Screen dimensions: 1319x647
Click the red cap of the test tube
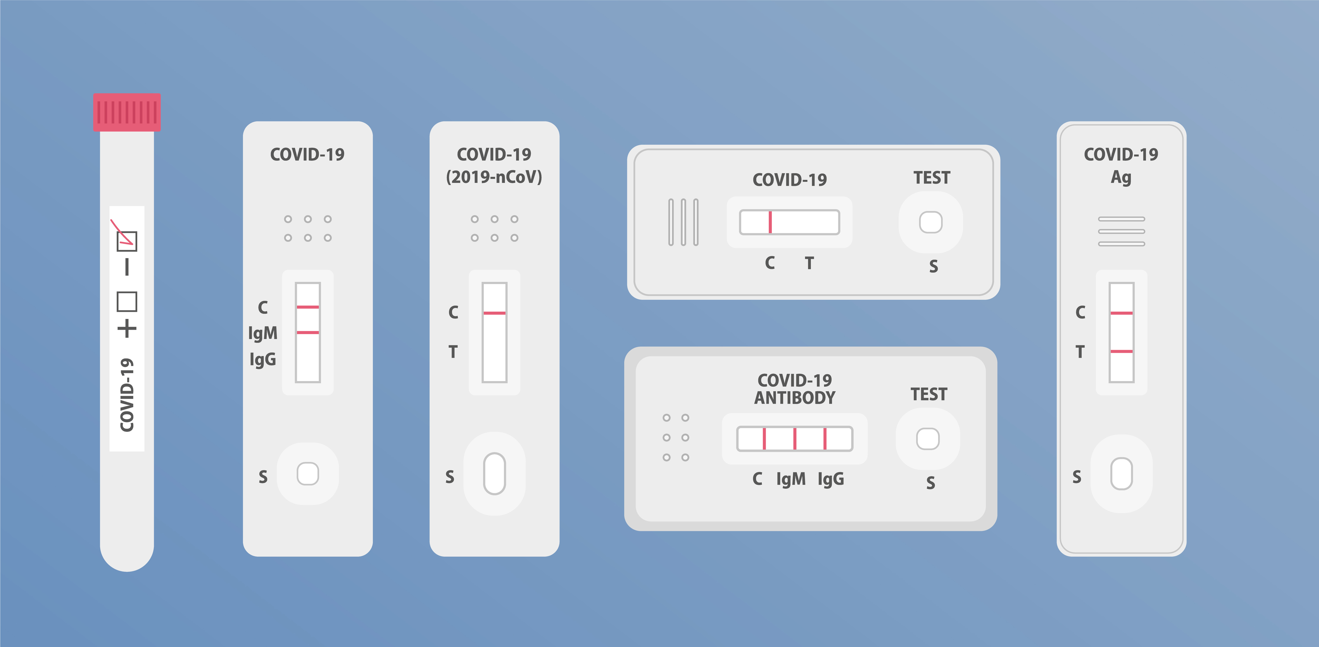pyautogui.click(x=126, y=112)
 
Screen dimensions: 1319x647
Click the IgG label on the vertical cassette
pyautogui.click(x=263, y=359)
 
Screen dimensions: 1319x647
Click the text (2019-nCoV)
pyautogui.click(x=494, y=177)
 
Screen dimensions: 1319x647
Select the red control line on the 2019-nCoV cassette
pyautogui.click(x=494, y=313)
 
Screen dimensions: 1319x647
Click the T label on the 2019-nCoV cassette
pyautogui.click(x=453, y=352)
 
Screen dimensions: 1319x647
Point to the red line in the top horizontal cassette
pyautogui.click(x=770, y=222)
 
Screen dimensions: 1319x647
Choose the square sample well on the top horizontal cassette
pyautogui.click(x=931, y=222)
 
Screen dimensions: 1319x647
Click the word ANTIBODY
pyautogui.click(x=795, y=398)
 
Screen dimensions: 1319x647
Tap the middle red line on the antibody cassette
pyautogui.click(x=795, y=439)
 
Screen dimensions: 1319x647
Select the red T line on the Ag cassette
pyautogui.click(x=1121, y=351)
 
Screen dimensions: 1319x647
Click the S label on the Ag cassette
pyautogui.click(x=1077, y=477)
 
